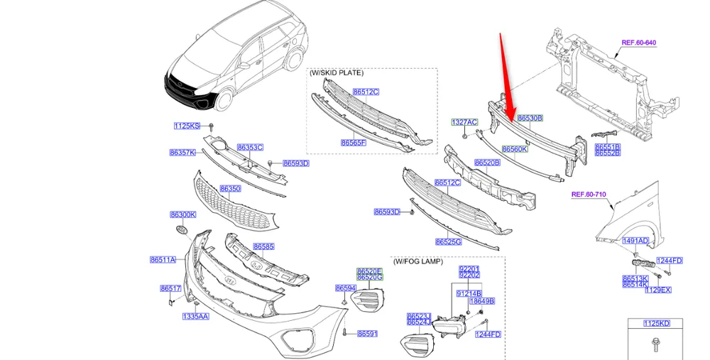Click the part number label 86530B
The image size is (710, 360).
[530, 118]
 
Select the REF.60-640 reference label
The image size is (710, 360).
[638, 43]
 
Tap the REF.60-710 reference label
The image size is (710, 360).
[589, 194]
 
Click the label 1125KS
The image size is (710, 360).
[187, 126]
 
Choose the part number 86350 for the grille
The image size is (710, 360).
[230, 189]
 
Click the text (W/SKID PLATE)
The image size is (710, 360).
[336, 73]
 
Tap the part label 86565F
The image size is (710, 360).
[353, 143]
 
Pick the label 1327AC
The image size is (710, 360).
[464, 122]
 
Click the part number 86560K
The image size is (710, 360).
[515, 149]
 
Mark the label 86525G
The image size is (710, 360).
[449, 241]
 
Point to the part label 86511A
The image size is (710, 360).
[163, 260]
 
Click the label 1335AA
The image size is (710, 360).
[196, 316]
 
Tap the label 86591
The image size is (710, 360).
[367, 333]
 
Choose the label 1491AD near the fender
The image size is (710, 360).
[635, 241]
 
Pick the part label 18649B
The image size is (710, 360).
[481, 301]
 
